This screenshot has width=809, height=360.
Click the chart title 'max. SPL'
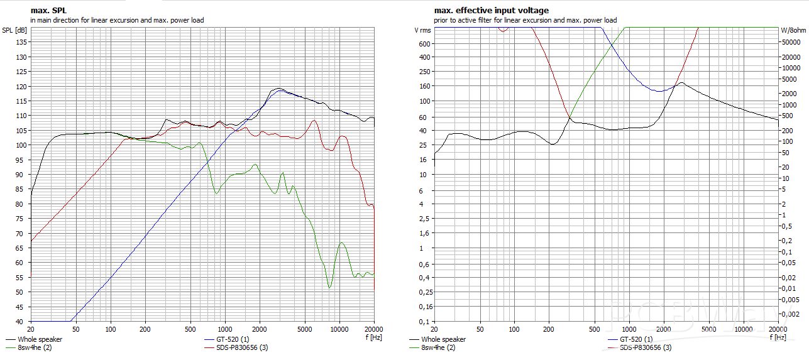click(x=48, y=11)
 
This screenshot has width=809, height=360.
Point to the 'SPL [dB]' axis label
click(x=15, y=30)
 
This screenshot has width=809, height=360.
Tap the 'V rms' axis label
click(x=422, y=30)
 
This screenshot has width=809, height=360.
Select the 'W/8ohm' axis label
click(x=793, y=30)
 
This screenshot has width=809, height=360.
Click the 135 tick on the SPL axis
click(x=21, y=42)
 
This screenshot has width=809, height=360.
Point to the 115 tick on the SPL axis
click(x=21, y=101)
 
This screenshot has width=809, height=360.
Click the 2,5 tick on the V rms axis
click(x=426, y=219)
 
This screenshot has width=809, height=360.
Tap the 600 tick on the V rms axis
click(x=425, y=44)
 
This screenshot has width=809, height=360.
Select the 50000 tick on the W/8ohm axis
click(x=791, y=42)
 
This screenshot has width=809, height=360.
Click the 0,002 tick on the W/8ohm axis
click(x=790, y=313)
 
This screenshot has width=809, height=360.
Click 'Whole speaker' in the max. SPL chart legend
click(x=40, y=340)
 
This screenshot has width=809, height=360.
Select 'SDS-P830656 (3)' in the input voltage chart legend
click(x=646, y=347)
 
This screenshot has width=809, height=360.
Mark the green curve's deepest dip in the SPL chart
click(x=329, y=288)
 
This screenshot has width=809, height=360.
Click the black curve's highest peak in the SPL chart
click(x=278, y=88)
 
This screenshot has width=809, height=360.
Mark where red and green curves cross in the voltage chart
click(x=570, y=117)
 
